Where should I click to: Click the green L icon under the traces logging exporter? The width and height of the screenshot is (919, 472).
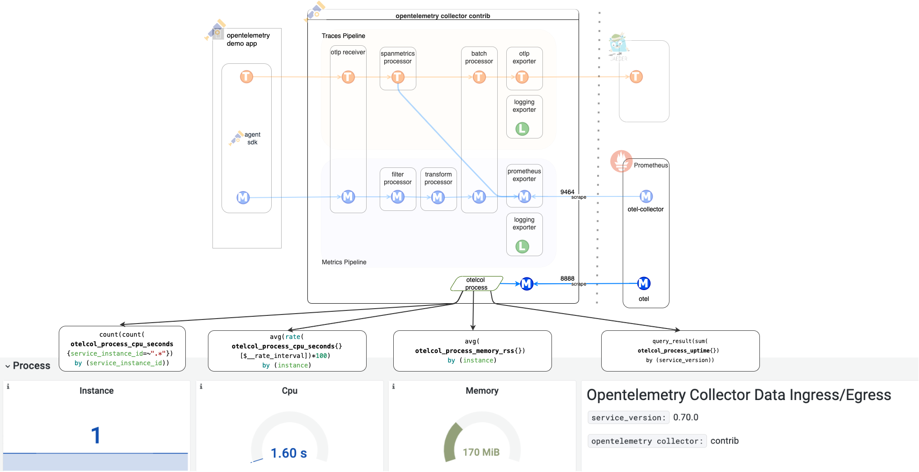coord(522,129)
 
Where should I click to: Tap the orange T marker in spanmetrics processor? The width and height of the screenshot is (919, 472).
coord(398,77)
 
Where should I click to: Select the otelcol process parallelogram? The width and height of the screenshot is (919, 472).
coord(476,284)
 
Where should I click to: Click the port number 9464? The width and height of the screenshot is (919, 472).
coord(567,192)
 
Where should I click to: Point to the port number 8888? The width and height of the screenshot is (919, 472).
coord(567,278)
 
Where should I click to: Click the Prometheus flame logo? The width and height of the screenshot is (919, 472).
coord(621,161)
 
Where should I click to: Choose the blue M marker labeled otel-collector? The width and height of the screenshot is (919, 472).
coord(646,196)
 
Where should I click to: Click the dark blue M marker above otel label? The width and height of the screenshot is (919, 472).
coord(644,283)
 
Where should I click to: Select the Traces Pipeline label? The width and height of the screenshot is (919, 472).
coord(343,36)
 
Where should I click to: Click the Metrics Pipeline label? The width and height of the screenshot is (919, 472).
coord(344,262)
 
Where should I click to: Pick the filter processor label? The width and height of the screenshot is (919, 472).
coord(397,178)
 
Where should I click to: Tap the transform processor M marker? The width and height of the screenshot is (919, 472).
coord(438,197)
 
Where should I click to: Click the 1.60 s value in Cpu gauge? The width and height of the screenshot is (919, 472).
coord(288,453)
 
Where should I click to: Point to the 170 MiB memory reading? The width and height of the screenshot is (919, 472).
coord(481,452)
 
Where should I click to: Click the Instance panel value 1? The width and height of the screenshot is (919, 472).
coord(95,435)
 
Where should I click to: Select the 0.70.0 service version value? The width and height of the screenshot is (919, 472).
coord(685,417)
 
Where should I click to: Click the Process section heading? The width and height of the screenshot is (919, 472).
coord(31,366)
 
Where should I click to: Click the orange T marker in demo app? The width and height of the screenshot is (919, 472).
coord(246,76)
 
